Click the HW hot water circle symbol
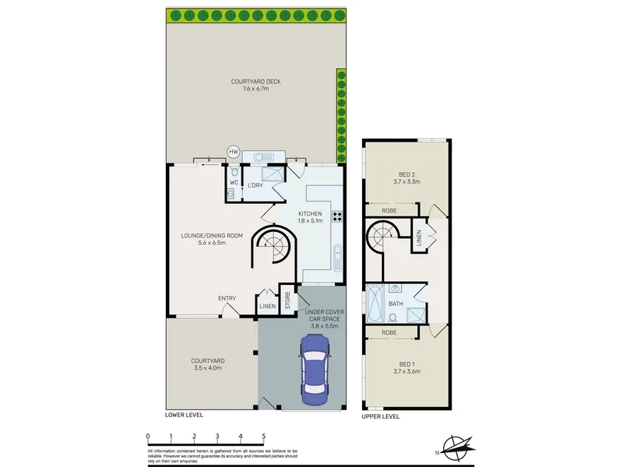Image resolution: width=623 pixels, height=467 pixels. [233, 152]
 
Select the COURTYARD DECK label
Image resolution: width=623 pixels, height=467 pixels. [256, 82]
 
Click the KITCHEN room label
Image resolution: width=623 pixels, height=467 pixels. [310, 213]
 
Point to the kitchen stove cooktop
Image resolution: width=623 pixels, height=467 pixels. [337, 216]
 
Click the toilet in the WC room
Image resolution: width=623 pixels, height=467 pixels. [234, 171]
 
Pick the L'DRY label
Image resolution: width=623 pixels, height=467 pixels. [255, 185]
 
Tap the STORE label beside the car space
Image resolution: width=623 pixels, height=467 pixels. [287, 300]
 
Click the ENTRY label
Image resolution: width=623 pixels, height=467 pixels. [227, 298]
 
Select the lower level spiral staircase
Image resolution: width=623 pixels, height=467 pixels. [273, 244]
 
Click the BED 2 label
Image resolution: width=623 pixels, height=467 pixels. [407, 174]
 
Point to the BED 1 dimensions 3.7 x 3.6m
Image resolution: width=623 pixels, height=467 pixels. [407, 371]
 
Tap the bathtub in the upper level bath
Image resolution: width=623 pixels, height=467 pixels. [375, 303]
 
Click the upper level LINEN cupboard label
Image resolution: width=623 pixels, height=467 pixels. [419, 237]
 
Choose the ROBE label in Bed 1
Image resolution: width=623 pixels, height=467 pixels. [389, 332]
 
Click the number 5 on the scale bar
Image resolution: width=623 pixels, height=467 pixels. [263, 437]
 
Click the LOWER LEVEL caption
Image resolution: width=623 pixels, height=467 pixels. [184, 415]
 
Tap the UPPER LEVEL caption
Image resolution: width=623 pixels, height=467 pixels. [381, 416]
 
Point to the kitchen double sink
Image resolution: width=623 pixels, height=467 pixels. [337, 258]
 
